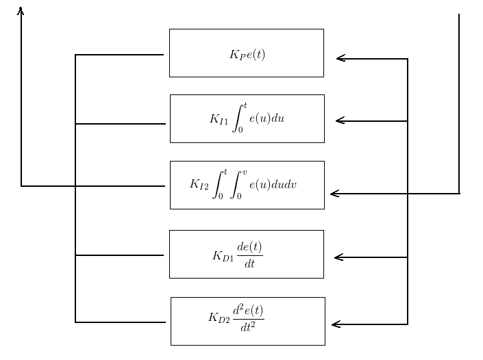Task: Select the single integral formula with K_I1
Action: click(x=247, y=118)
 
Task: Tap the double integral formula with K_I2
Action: click(x=243, y=185)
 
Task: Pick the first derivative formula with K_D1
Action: click(x=238, y=255)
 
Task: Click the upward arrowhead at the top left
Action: click(x=21, y=10)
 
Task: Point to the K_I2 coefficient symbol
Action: click(x=199, y=185)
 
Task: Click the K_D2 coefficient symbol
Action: click(x=219, y=318)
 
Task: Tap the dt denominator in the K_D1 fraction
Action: click(x=249, y=263)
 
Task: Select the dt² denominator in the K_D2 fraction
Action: click(x=248, y=328)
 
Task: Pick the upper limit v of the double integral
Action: click(x=244, y=172)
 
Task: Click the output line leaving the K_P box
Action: click(x=120, y=55)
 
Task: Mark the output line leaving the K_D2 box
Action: click(x=120, y=322)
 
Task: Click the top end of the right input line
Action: click(x=458, y=15)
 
